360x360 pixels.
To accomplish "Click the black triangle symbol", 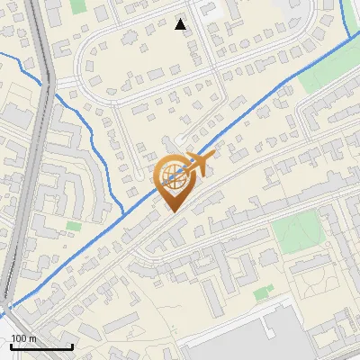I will pos(181,25).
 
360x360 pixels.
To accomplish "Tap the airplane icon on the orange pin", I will pos(192,164).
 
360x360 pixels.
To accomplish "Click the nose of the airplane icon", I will pos(211,157).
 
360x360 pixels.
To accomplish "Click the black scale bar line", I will pos(41,346).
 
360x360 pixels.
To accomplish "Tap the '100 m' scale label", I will pos(23,337).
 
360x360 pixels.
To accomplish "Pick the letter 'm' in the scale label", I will pos(31,337).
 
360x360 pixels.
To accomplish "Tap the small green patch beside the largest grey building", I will pos(263,292).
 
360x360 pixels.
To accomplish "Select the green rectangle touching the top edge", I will pos(77,5).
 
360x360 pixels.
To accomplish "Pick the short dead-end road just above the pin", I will pos(184,139).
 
